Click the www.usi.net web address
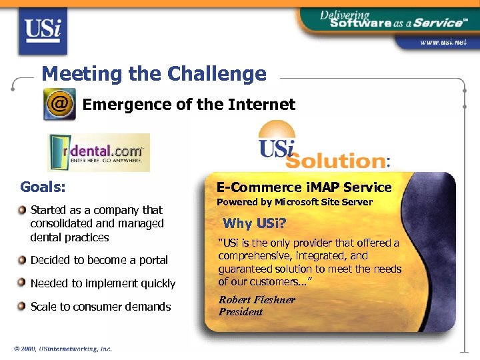coord(443,42)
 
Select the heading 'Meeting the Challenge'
coord(153,73)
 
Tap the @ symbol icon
coord(59,105)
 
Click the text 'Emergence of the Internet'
coord(189,105)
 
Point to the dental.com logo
coord(99,153)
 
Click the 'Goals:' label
coord(43,187)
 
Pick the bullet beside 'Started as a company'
coord(23,210)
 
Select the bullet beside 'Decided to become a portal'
coord(23,260)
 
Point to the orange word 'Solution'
coord(335,161)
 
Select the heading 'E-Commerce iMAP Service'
coord(304,187)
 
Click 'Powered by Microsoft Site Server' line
coord(294,202)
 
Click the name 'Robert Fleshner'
coord(257,300)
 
